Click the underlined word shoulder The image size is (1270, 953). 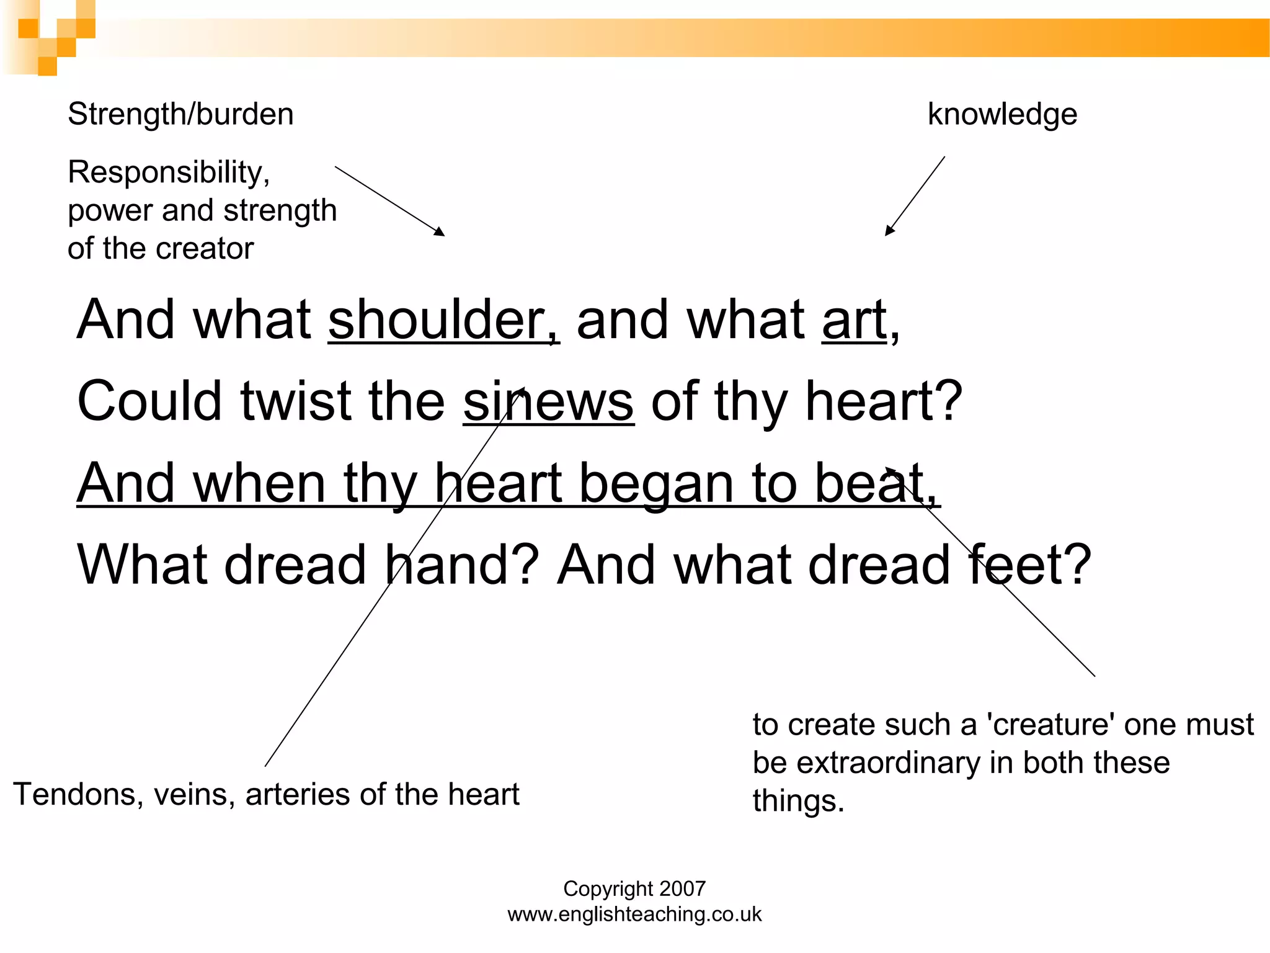443,321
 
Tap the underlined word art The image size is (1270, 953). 855,321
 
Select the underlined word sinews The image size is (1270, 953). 548,402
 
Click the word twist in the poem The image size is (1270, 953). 296,402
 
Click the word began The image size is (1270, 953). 657,484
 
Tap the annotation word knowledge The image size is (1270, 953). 1002,115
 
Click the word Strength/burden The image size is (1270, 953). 180,115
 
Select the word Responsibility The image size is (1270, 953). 168,172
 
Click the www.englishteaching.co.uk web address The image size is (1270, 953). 634,915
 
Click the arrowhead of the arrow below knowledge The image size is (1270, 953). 889,232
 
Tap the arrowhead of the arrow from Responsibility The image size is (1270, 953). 441,233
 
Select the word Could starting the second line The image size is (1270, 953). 149,402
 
